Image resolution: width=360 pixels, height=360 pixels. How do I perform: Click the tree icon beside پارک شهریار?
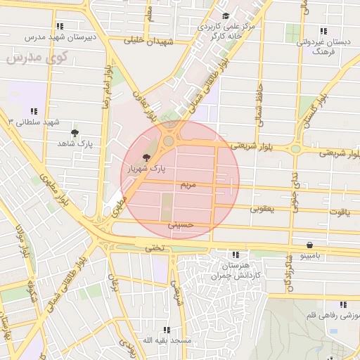tap(146, 158)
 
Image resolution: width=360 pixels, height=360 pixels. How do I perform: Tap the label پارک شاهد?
tap(76, 143)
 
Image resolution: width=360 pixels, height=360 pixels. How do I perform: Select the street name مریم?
tap(187, 184)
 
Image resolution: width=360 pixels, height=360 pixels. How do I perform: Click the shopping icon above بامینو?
tap(310, 245)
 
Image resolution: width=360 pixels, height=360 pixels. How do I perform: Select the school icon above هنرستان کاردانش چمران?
tap(235, 255)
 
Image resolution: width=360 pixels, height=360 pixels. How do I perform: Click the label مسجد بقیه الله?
tap(167, 340)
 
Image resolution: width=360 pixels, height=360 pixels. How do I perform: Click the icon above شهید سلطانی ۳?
tap(34, 110)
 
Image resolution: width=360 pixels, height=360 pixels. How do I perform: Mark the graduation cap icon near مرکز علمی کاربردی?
tap(225, 16)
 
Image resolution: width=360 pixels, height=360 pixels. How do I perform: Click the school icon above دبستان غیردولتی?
tap(323, 31)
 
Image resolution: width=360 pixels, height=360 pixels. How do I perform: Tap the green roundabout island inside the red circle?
tap(169, 141)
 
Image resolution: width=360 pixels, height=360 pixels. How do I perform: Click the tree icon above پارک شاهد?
tap(75, 132)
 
